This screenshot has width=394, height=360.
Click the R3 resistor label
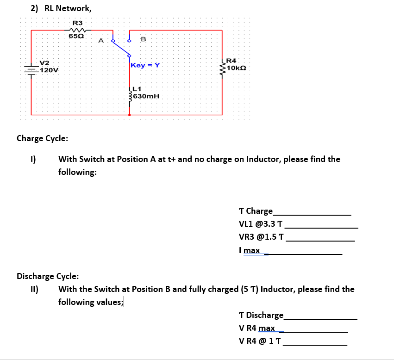(x=77, y=23)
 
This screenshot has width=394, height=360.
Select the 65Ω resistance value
(x=76, y=36)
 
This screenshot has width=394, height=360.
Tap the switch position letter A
(x=100, y=41)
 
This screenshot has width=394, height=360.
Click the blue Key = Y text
(x=145, y=65)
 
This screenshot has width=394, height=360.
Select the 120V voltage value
(x=49, y=70)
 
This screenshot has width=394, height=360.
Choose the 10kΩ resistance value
(x=236, y=68)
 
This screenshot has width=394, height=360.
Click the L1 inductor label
(x=137, y=89)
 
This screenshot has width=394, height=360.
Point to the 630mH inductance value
(x=147, y=96)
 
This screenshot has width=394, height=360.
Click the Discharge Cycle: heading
(x=48, y=277)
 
